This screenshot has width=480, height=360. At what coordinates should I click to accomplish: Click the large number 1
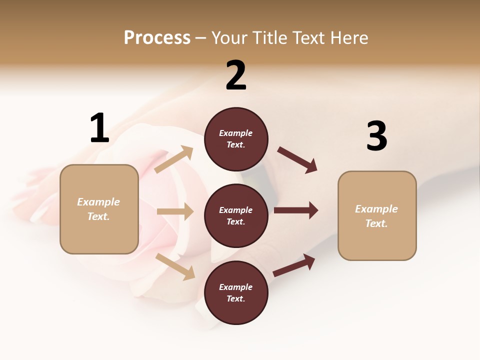[x=99, y=128]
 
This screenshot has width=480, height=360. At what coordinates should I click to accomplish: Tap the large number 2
[x=236, y=75]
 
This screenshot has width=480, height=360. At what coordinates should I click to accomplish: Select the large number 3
[x=376, y=136]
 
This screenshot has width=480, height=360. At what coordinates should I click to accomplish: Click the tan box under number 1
[x=99, y=209]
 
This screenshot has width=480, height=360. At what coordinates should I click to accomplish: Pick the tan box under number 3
[x=377, y=216]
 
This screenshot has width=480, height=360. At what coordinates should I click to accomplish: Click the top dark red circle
[x=236, y=139]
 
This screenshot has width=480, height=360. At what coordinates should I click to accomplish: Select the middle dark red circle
[x=236, y=215]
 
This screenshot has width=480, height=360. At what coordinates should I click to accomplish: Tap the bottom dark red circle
[x=236, y=293]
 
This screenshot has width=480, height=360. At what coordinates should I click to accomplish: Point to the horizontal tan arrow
[x=175, y=212]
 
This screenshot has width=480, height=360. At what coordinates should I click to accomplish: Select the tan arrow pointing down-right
[x=175, y=266]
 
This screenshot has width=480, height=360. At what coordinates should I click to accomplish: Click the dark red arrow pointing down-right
[x=297, y=160]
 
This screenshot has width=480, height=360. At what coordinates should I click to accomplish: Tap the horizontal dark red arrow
[x=296, y=210]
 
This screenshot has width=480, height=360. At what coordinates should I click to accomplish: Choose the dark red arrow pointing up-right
[x=294, y=265]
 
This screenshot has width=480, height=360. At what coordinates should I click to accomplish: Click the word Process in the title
[x=157, y=37]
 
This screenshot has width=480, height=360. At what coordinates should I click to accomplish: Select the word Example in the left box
[x=98, y=202]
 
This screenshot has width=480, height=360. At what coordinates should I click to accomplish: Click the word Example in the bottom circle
[x=235, y=287]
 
